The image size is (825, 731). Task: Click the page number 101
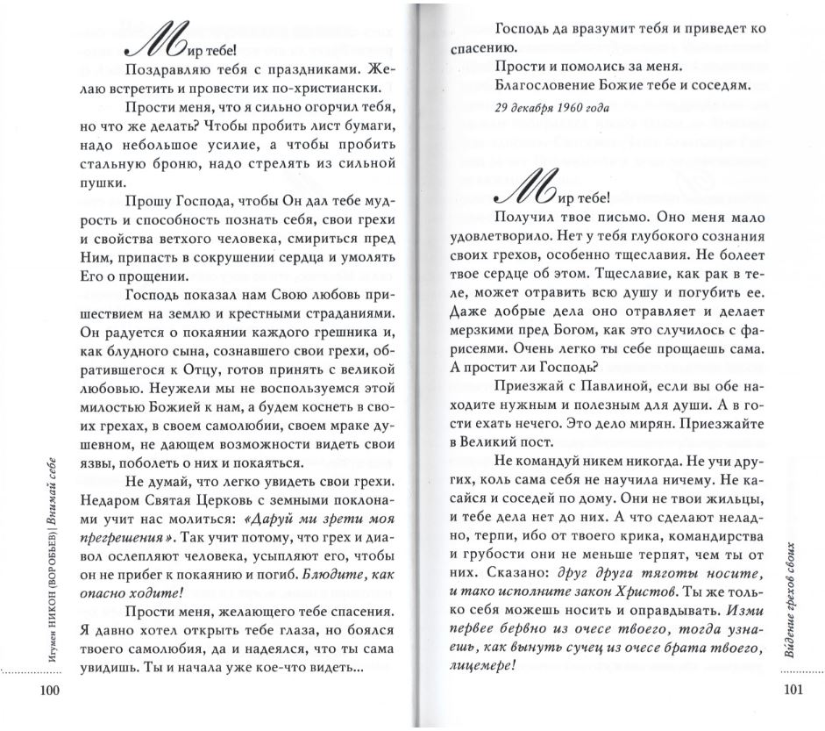790,690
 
